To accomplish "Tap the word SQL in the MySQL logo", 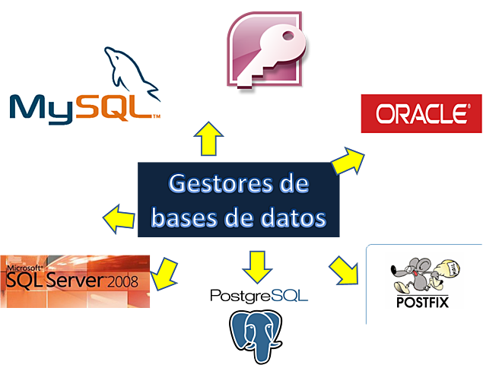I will [x=116, y=106].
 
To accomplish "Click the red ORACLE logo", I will [x=419, y=114].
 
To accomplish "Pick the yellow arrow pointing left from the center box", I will [x=118, y=218].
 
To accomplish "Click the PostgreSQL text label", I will [x=259, y=294].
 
